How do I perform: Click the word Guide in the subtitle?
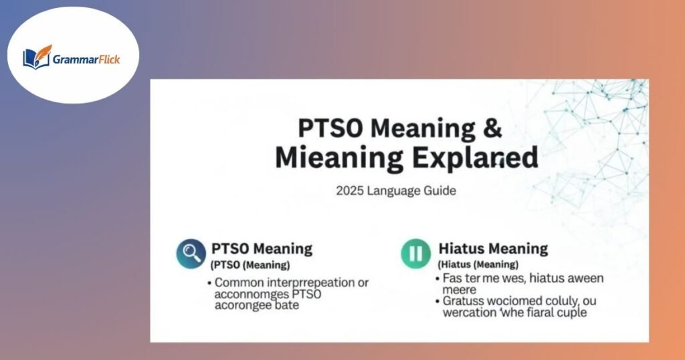439,191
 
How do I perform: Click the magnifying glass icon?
191,254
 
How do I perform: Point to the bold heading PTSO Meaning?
262,249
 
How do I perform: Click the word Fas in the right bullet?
453,278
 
